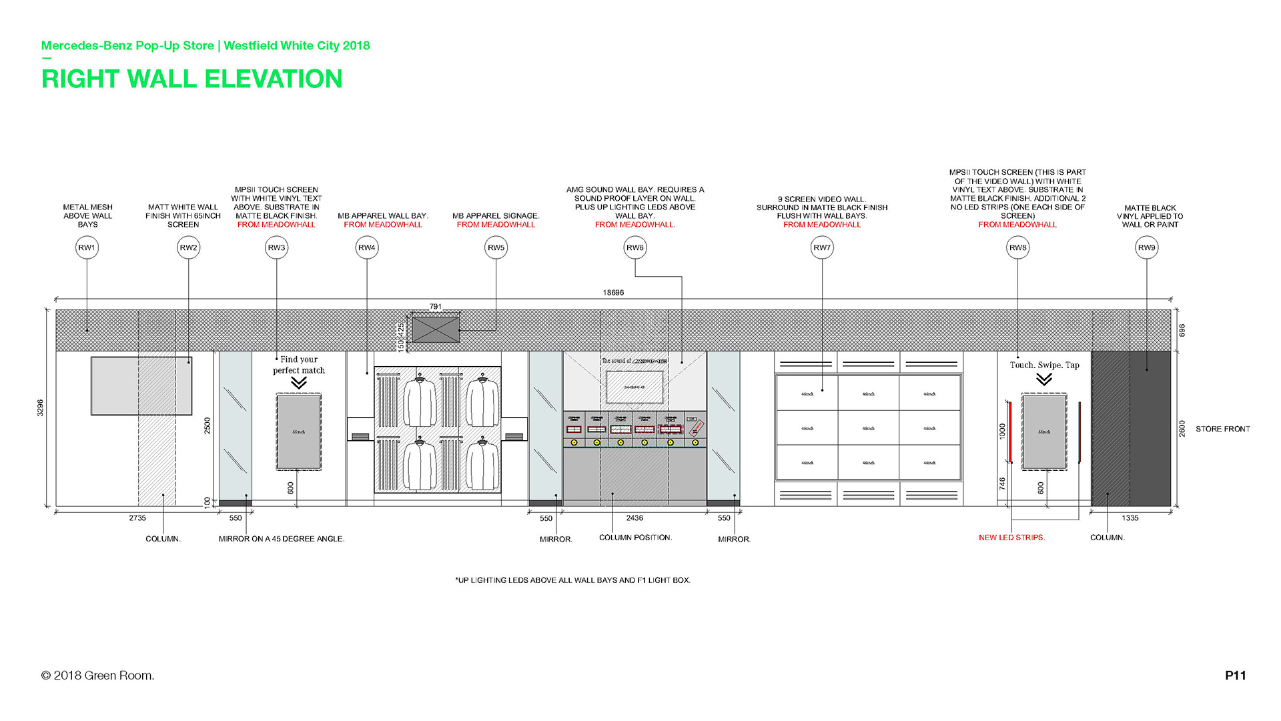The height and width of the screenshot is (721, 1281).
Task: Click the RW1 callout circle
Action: click(87, 248)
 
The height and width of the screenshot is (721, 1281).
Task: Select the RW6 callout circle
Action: click(634, 248)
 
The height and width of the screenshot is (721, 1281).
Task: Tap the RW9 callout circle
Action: click(1146, 248)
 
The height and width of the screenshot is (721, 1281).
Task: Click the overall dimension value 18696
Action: click(613, 293)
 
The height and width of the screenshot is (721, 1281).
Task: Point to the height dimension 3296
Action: click(41, 408)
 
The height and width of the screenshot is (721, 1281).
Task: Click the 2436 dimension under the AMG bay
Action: click(634, 518)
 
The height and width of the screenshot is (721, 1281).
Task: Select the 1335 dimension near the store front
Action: click(1130, 518)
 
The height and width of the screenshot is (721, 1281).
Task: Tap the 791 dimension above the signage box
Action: click(436, 307)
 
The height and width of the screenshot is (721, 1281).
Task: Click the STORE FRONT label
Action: click(1222, 430)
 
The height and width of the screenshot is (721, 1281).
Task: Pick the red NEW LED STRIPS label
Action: click(1011, 538)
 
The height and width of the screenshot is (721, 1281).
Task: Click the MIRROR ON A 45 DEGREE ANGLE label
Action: click(282, 539)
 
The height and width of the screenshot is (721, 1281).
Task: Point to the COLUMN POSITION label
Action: click(635, 538)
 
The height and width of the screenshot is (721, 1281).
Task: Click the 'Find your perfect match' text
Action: click(299, 365)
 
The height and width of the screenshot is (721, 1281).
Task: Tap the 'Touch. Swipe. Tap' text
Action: click(1044, 366)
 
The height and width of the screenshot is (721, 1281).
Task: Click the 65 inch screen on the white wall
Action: click(141, 386)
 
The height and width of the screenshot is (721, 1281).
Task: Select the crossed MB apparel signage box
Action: click(436, 329)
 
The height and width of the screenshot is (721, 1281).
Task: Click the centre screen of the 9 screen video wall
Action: click(868, 428)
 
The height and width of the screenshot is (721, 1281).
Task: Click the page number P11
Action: click(1235, 676)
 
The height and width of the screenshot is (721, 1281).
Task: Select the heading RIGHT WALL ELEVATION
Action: click(192, 79)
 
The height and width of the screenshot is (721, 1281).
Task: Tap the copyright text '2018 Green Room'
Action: click(98, 676)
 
